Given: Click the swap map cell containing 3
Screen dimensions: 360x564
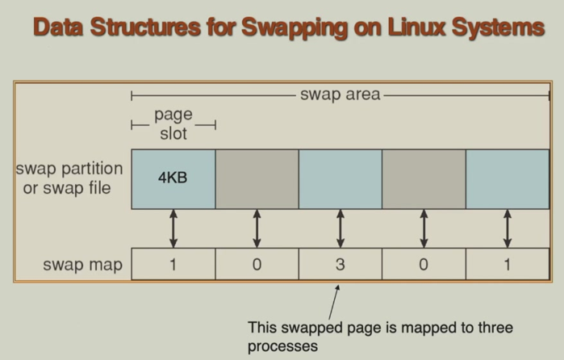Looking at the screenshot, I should click(340, 264).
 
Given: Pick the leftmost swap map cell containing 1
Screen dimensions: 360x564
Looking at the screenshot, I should click(173, 264).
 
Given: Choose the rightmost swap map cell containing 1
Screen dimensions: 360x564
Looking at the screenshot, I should click(508, 264).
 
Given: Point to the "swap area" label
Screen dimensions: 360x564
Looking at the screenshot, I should click(340, 95).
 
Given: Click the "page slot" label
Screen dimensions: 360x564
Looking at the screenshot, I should click(173, 124).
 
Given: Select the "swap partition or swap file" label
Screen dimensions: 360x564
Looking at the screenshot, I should click(69, 179).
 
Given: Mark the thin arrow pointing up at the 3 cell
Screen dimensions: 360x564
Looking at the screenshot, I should click(332, 300).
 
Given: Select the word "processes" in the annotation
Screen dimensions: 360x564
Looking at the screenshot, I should click(283, 345).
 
